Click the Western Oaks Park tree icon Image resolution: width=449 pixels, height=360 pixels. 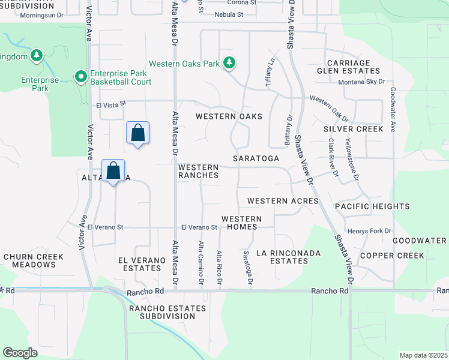[229, 62]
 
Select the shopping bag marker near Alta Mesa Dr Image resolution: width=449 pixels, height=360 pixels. [137, 133]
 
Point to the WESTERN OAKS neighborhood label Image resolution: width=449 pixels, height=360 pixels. [229, 116]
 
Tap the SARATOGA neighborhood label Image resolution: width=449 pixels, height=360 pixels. [257, 158]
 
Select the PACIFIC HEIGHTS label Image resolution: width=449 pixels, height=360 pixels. [372, 206]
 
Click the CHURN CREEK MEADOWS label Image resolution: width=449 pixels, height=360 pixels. [34, 260]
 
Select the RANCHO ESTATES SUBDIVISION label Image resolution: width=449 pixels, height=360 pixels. [167, 313]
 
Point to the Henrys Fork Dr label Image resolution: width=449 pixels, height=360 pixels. [369, 231]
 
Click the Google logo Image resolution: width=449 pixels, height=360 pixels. [20, 353]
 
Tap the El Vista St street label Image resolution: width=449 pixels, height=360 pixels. [111, 104]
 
